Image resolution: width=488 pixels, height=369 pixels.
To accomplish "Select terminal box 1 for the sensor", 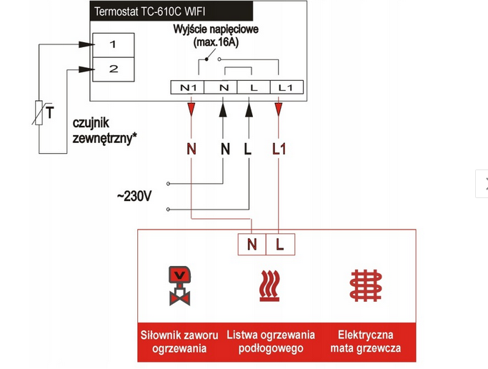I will click(112, 45).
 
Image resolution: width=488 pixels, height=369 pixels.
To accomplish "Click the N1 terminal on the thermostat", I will click(188, 87).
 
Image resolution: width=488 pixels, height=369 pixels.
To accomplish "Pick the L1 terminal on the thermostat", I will click(285, 87).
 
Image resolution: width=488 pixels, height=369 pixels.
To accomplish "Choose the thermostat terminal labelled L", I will click(253, 87).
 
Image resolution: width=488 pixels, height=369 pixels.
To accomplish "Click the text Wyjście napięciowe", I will click(214, 31).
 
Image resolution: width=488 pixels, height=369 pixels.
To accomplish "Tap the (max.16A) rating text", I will click(216, 44).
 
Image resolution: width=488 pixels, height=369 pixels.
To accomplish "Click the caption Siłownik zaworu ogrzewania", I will click(179, 341).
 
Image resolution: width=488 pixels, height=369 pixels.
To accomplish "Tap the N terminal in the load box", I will click(252, 244).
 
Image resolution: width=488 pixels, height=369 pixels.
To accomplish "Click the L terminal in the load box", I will click(279, 244).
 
